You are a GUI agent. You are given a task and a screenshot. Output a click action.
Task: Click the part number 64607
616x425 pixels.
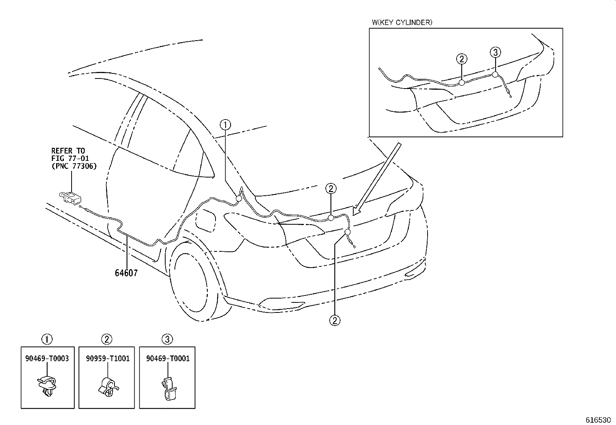pyautogui.click(x=126, y=273)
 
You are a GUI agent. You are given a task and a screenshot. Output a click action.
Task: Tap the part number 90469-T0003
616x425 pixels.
pyautogui.click(x=47, y=358)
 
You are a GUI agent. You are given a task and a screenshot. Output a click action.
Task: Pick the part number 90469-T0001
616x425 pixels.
pyautogui.click(x=168, y=358)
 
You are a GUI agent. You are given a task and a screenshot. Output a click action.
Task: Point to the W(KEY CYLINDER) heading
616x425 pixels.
pyautogui.click(x=402, y=22)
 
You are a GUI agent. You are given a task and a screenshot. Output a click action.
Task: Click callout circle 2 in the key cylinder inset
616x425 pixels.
pyautogui.click(x=462, y=59)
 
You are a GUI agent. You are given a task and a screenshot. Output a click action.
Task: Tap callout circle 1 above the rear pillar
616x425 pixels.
pyautogui.click(x=225, y=125)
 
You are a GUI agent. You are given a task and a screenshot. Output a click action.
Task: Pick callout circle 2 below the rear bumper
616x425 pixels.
pyautogui.click(x=335, y=320)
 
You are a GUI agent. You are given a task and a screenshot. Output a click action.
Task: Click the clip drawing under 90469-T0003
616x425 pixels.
pyautogui.click(x=47, y=385)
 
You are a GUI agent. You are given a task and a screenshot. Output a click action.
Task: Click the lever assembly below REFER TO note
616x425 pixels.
pyautogui.click(x=71, y=198)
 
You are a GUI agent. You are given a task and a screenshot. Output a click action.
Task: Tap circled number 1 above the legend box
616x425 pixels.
pyautogui.click(x=47, y=340)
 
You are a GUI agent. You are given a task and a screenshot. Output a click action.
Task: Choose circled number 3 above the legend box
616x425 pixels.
pyautogui.click(x=167, y=340)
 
